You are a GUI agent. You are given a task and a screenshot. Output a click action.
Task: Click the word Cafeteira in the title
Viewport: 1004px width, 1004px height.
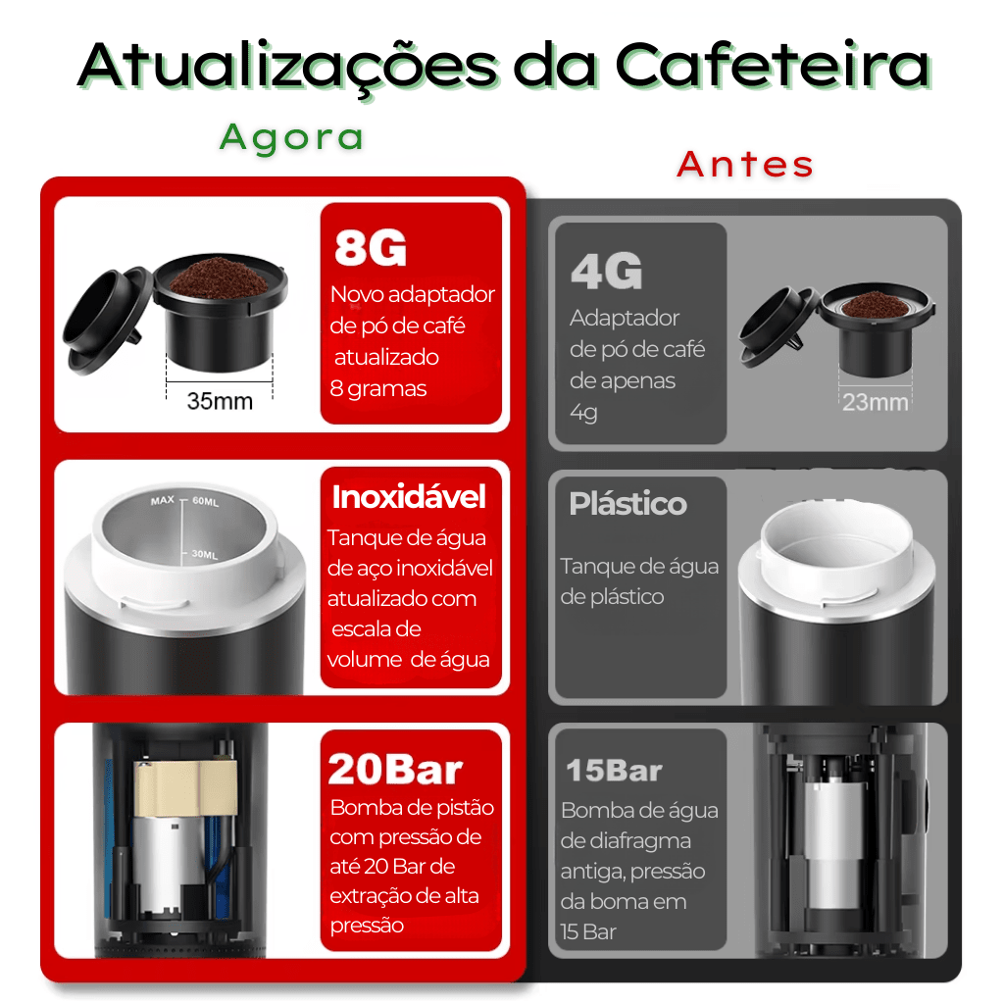773,66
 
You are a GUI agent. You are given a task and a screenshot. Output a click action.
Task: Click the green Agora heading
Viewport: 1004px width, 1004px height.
291,137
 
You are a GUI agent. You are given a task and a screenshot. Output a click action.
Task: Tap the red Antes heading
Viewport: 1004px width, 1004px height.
745,165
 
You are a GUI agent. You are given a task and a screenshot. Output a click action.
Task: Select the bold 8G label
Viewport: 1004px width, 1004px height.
370,249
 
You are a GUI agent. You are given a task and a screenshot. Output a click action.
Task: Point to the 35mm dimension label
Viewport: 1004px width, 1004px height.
220,401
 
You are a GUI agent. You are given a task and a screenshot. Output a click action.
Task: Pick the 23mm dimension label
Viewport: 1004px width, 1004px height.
875,402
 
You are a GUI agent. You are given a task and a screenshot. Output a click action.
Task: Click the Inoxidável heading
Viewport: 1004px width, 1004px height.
409,497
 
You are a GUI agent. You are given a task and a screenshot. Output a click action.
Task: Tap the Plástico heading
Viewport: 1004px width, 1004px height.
627,504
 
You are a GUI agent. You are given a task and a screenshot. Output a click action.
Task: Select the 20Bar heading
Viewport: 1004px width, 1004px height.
395,770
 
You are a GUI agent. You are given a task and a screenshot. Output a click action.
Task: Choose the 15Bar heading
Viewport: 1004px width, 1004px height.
614,771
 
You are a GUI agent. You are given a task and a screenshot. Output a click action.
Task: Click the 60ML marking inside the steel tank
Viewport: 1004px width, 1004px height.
206,501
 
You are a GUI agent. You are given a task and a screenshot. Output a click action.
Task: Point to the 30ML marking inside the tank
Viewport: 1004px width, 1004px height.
204,554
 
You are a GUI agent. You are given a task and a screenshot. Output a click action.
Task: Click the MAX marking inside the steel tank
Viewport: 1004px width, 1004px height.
162,501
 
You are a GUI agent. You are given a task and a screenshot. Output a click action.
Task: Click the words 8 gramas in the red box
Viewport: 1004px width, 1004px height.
378,388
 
